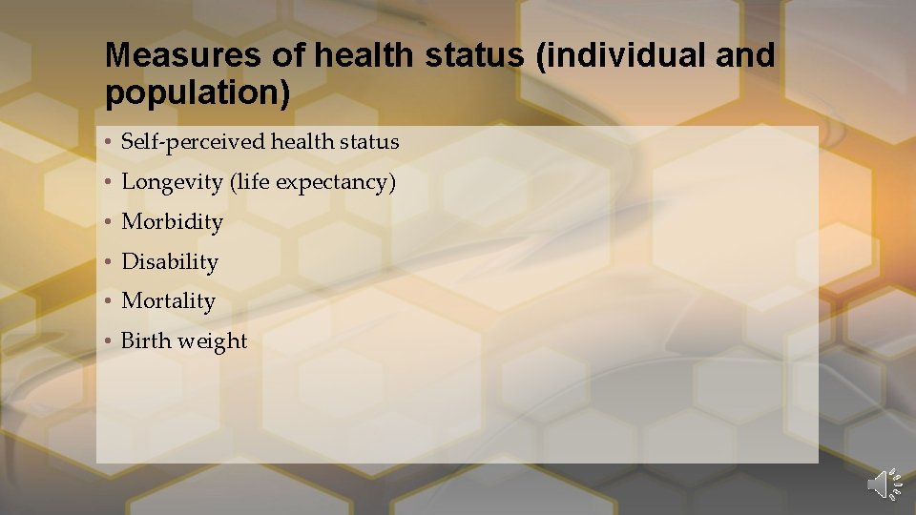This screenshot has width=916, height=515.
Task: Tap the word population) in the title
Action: click(x=197, y=93)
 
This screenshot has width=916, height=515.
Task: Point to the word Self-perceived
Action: click(x=193, y=142)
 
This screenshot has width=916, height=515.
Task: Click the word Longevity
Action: click(x=172, y=182)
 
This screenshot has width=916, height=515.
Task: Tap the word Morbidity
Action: click(x=172, y=222)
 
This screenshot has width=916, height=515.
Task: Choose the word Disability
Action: click(x=170, y=261)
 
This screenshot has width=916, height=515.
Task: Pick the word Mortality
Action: click(x=168, y=301)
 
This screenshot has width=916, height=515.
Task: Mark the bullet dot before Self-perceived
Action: click(x=111, y=143)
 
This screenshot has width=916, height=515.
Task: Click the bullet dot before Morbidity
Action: click(x=111, y=222)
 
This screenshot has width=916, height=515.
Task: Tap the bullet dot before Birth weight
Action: click(x=111, y=341)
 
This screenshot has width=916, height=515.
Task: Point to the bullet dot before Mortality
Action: click(x=111, y=301)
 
